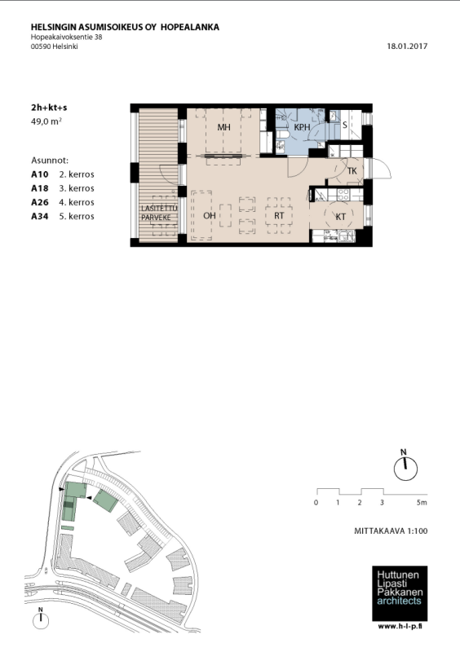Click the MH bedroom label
pyautogui.click(x=224, y=127)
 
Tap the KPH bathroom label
pyautogui.click(x=303, y=127)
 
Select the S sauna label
pyautogui.click(x=345, y=125)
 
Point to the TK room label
pyautogui.click(x=352, y=171)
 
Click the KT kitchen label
pyautogui.click(x=341, y=217)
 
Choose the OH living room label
pyautogui.click(x=210, y=215)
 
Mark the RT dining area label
pyautogui.click(x=279, y=215)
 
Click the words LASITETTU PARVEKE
pyautogui.click(x=159, y=213)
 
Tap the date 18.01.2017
pyautogui.click(x=407, y=46)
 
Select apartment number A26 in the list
pyautogui.click(x=40, y=202)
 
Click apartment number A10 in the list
pyautogui.click(x=40, y=174)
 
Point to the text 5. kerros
pyautogui.click(x=77, y=216)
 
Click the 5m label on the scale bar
pyautogui.click(x=422, y=502)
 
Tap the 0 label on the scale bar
pyautogui.click(x=316, y=502)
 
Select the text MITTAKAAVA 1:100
pyautogui.click(x=391, y=531)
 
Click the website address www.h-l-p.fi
pyautogui.click(x=400, y=627)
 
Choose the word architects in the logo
pyautogui.click(x=399, y=601)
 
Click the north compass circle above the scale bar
pyautogui.click(x=405, y=469)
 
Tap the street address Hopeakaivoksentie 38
pyautogui.click(x=67, y=37)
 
